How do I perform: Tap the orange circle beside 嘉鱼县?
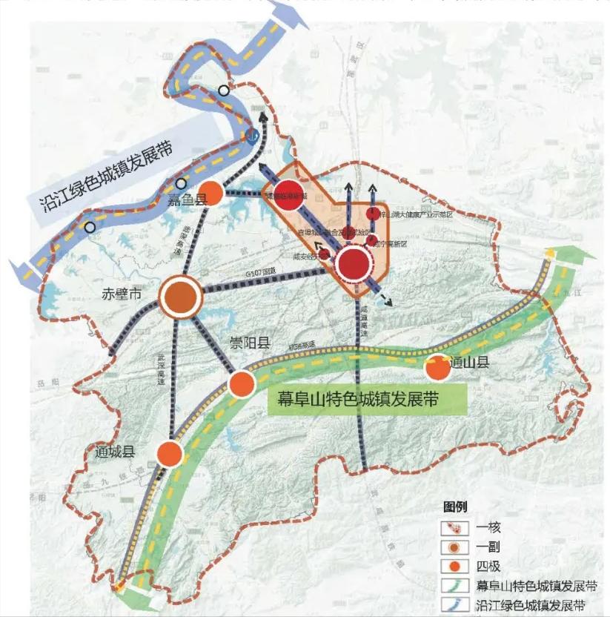click(212, 193)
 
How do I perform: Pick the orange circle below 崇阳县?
click(242, 383)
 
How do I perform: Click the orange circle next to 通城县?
click(170, 454)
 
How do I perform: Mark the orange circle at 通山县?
click(437, 367)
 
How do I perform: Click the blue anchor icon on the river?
click(252, 134)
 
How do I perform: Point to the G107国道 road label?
click(252, 274)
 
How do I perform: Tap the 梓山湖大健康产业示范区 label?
click(415, 214)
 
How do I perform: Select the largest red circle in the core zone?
click(355, 263)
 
